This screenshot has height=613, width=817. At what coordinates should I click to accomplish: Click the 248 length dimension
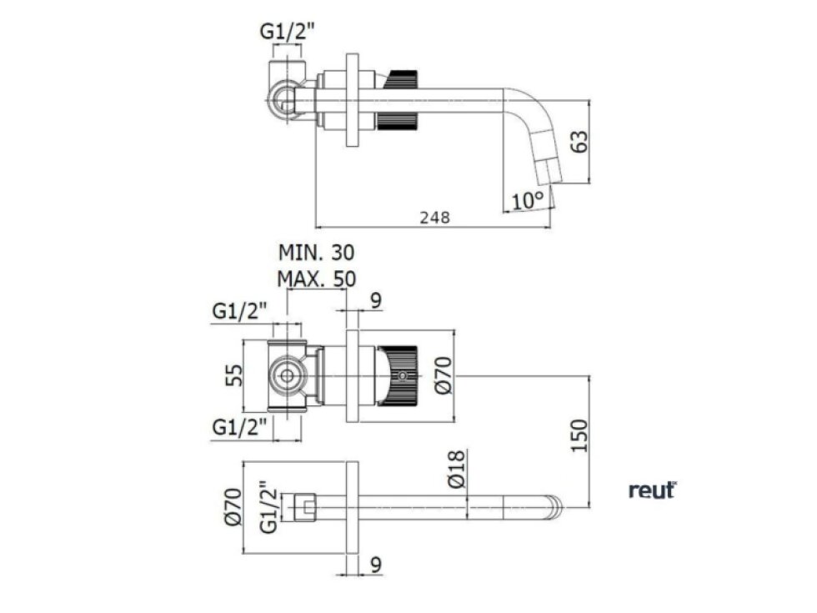pyautogui.click(x=434, y=217)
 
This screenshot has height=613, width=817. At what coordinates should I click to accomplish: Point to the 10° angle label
pyautogui.click(x=528, y=200)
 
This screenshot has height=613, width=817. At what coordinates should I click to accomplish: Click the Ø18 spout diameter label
pyautogui.click(x=455, y=471)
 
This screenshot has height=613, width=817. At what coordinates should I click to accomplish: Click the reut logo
pyautogui.click(x=652, y=491)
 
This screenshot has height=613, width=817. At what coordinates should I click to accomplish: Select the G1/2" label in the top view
pyautogui.click(x=288, y=33)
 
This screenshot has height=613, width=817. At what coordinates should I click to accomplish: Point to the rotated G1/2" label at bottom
pyautogui.click(x=267, y=506)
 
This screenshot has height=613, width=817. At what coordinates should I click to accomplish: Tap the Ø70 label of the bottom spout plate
pyautogui.click(x=233, y=506)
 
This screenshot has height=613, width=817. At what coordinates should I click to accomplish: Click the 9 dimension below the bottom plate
pyautogui.click(x=375, y=565)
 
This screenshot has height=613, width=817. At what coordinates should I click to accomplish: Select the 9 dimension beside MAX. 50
pyautogui.click(x=375, y=300)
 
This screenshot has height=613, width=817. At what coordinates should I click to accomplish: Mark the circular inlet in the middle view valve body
pyautogui.click(x=287, y=375)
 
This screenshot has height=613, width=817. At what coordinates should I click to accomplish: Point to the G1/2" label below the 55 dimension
pyautogui.click(x=240, y=426)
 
